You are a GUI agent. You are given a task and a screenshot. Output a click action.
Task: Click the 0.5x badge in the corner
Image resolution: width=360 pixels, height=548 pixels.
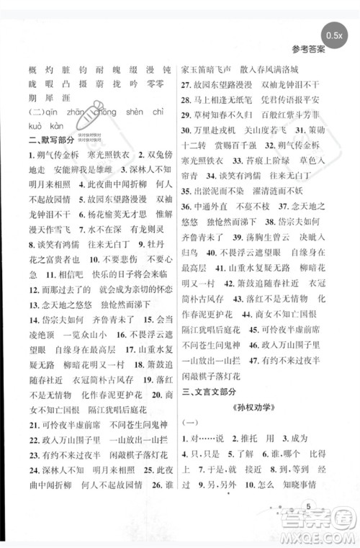(x=333, y=34)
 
